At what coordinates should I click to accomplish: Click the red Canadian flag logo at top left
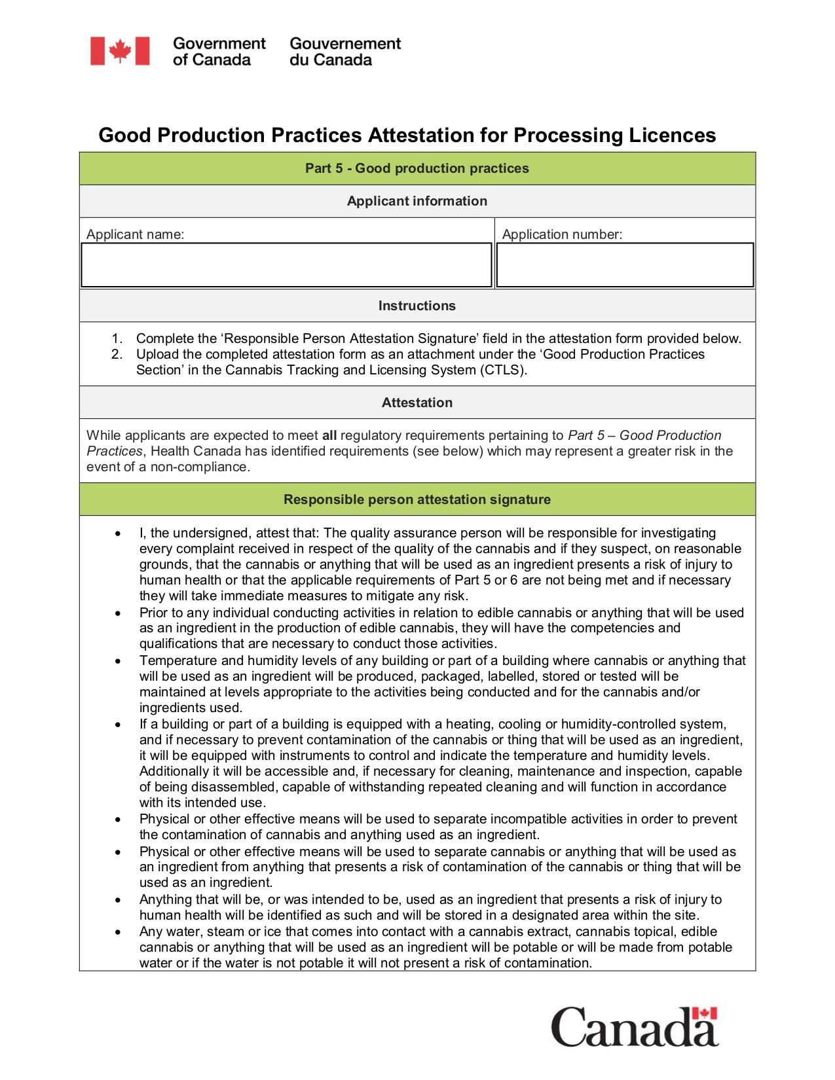point(120,51)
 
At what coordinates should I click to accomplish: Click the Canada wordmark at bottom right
point(633,1028)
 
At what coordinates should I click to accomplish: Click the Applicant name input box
point(286,265)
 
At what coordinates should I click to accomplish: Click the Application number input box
point(625,265)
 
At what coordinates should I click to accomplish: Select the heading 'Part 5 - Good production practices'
point(417,168)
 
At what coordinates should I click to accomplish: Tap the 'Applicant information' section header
point(417,201)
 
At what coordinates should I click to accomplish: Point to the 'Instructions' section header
point(417,306)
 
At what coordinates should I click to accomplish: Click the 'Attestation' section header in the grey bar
point(417,403)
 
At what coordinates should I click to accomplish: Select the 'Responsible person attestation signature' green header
point(417,499)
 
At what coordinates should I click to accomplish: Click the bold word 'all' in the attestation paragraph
point(329,435)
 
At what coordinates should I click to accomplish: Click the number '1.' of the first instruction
point(117,338)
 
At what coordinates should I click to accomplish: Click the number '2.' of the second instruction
point(117,354)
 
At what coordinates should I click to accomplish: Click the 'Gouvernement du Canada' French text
point(344,52)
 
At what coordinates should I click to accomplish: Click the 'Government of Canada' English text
point(219,52)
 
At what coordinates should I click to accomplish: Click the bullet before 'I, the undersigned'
point(117,533)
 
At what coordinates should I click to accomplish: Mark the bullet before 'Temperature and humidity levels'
point(117,661)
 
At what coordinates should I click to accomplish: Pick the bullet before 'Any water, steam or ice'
point(117,932)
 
